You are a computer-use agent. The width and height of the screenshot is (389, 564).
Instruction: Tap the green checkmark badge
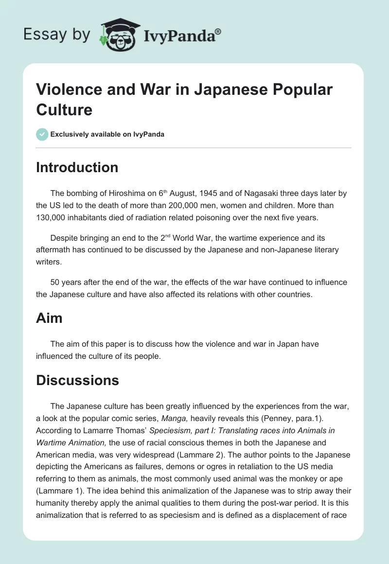(42, 134)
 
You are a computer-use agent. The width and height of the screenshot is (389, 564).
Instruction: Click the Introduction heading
(77, 167)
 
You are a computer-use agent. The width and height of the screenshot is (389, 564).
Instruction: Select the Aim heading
(49, 318)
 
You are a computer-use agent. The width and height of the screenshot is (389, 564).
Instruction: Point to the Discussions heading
(77, 380)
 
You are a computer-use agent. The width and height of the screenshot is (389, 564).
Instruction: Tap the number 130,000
(54, 217)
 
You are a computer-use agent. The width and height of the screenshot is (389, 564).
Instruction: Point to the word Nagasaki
(254, 193)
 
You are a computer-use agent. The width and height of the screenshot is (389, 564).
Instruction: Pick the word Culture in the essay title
(64, 109)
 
